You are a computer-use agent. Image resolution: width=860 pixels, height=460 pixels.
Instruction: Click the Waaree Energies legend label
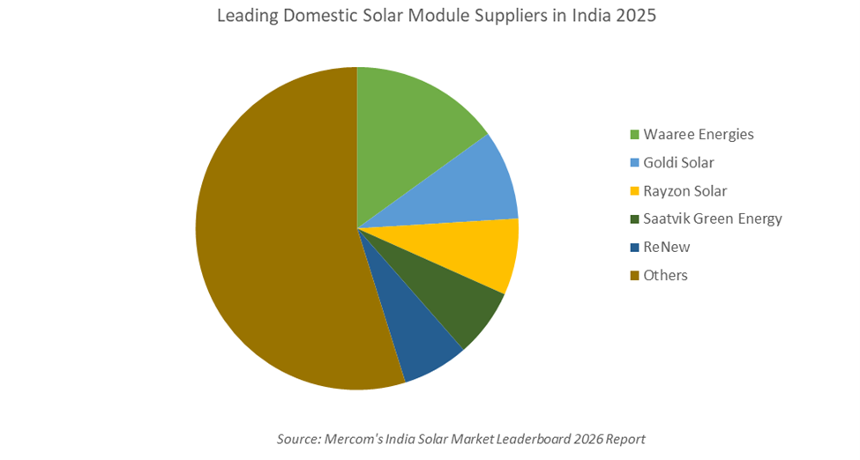(x=699, y=135)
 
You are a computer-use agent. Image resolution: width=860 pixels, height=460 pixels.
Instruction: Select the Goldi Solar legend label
(x=678, y=163)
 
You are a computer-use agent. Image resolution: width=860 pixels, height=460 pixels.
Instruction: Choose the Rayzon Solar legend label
(x=685, y=191)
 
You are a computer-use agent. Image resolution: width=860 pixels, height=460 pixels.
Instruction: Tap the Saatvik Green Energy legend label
(x=713, y=219)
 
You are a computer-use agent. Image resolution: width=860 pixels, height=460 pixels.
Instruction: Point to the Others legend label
(x=665, y=275)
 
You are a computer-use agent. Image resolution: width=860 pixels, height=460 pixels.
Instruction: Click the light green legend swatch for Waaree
(x=634, y=135)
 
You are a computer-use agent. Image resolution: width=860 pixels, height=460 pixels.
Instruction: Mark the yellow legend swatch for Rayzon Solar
(x=634, y=191)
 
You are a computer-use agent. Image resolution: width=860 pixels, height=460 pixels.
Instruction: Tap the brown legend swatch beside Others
(x=634, y=275)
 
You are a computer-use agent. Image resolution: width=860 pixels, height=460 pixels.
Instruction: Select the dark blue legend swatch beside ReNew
(x=634, y=247)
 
